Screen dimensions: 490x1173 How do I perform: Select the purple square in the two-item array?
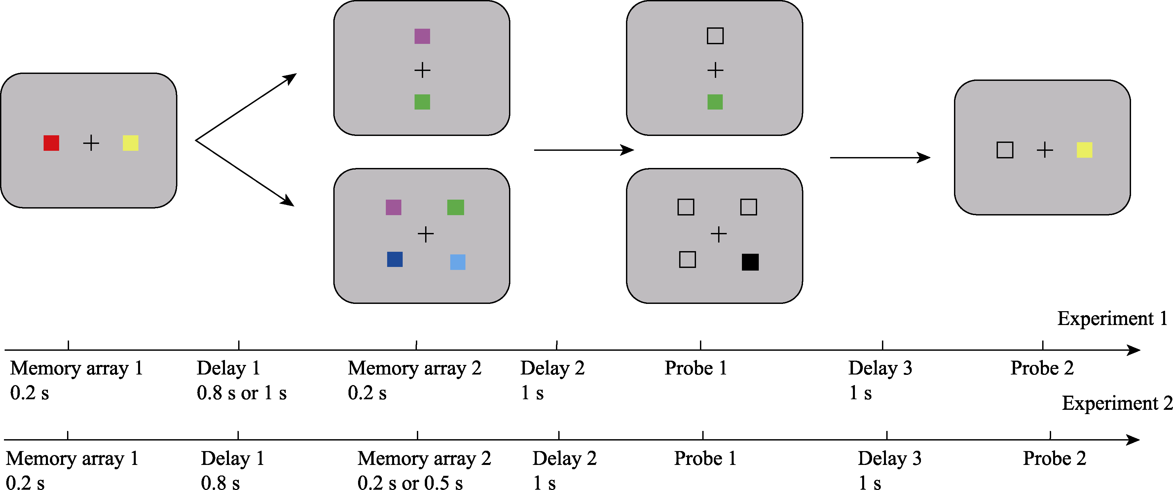422,36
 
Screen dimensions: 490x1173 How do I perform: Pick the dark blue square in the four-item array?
395,259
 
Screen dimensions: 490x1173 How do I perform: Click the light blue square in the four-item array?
458,262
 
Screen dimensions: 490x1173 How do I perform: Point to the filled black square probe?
750,262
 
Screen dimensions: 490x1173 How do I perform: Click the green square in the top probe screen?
715,102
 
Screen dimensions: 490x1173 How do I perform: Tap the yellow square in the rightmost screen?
1084,150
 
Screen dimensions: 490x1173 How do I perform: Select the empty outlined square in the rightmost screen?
1005,150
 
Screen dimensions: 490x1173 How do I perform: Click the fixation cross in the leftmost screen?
91,143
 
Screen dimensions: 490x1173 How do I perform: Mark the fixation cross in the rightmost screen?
1045,150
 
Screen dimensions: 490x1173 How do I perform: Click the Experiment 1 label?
1112,318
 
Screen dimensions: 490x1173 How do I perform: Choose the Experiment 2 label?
1117,404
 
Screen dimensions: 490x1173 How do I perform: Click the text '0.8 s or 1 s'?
241,393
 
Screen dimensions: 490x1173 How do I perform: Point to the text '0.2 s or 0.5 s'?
410,483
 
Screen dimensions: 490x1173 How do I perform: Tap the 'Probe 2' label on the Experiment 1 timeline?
1042,368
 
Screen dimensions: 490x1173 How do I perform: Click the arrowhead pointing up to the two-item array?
290,78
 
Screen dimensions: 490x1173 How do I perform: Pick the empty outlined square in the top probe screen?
715,36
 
